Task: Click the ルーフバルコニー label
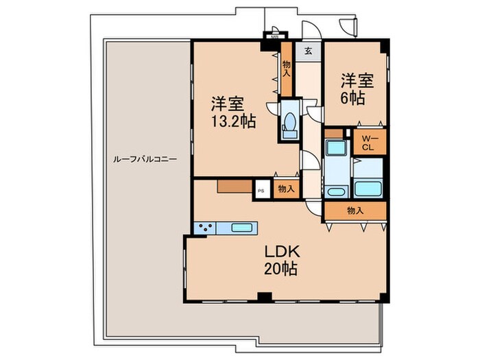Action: [145, 158]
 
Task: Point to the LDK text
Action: [278, 252]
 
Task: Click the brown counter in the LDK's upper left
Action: [232, 186]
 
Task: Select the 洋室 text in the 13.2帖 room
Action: [227, 104]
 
